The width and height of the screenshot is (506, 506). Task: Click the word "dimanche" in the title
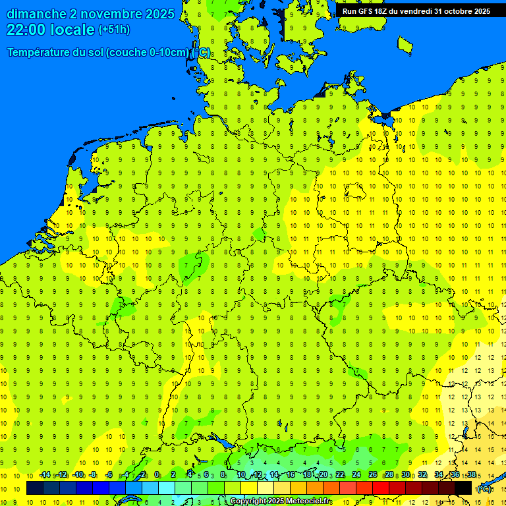(x=36, y=14)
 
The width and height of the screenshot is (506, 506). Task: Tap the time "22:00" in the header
(x=26, y=30)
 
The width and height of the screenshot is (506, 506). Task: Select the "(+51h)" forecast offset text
(x=114, y=30)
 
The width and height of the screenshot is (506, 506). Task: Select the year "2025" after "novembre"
(x=160, y=14)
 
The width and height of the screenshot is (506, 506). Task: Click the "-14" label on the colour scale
(x=45, y=474)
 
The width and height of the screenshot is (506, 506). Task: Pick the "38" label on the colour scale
(x=472, y=474)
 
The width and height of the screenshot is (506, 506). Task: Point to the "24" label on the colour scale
(x=356, y=474)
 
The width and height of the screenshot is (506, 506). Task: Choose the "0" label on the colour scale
(x=157, y=474)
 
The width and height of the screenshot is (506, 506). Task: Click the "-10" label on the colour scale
(x=78, y=474)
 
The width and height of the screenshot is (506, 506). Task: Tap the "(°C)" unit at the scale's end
(x=484, y=489)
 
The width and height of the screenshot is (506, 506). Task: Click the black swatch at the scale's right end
(x=463, y=488)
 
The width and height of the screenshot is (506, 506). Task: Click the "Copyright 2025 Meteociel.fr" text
(x=281, y=501)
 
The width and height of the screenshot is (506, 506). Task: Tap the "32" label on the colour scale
(x=422, y=474)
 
